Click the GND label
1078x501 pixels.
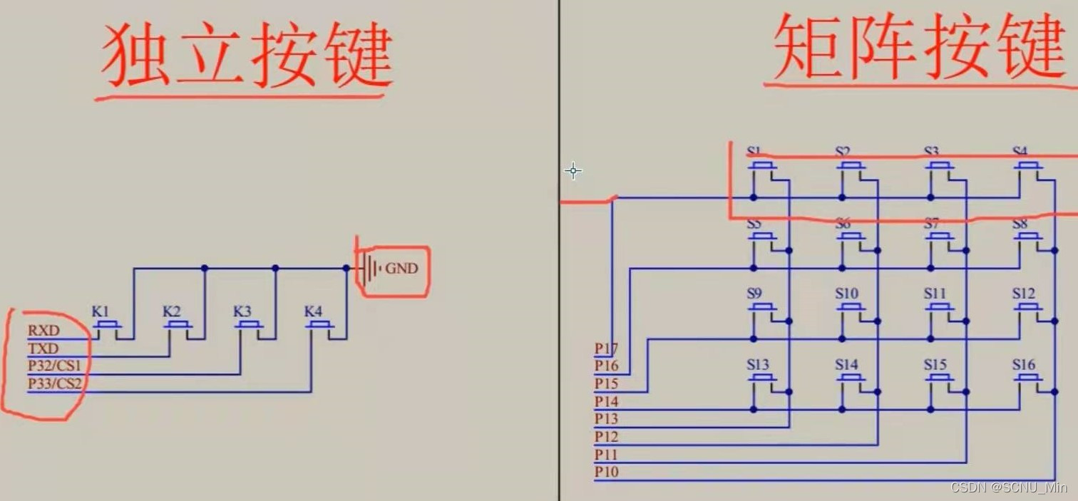(x=401, y=269)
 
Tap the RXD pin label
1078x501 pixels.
(x=43, y=331)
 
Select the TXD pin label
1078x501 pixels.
(x=43, y=348)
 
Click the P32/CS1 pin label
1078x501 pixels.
(x=55, y=366)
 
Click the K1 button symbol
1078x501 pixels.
(x=108, y=325)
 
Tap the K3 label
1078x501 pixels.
(x=242, y=311)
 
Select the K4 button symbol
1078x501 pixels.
(x=320, y=325)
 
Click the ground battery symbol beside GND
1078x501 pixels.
(x=367, y=269)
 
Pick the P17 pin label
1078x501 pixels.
(x=606, y=348)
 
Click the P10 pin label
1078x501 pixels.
(x=606, y=472)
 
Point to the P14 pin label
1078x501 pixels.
(x=606, y=401)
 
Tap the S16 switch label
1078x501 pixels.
(x=1023, y=365)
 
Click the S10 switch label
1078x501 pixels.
(x=846, y=294)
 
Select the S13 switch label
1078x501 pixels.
(x=758, y=365)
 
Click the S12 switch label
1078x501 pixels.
(x=1023, y=294)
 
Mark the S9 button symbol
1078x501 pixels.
(x=763, y=307)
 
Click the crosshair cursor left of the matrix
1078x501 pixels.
(x=573, y=170)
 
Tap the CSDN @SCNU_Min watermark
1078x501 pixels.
(x=1009, y=487)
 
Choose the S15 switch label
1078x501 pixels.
(x=935, y=365)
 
